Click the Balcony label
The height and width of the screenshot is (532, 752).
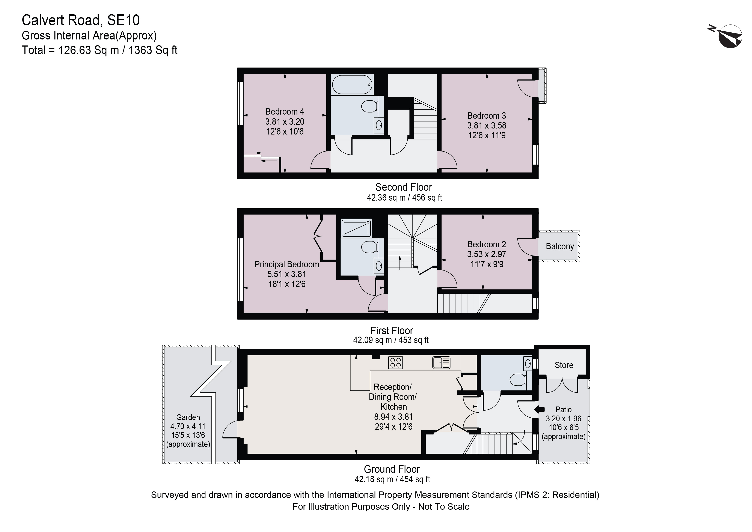(x=559, y=246)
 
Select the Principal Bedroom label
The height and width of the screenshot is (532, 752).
(x=287, y=264)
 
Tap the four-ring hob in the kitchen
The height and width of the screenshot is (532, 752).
(x=395, y=363)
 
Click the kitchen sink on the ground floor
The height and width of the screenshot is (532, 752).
(x=441, y=363)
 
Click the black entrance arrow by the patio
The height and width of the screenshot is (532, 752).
(x=539, y=409)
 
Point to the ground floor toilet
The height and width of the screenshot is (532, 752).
(x=517, y=380)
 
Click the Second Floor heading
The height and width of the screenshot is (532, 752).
(x=404, y=187)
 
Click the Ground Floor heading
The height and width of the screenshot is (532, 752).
(x=392, y=469)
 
